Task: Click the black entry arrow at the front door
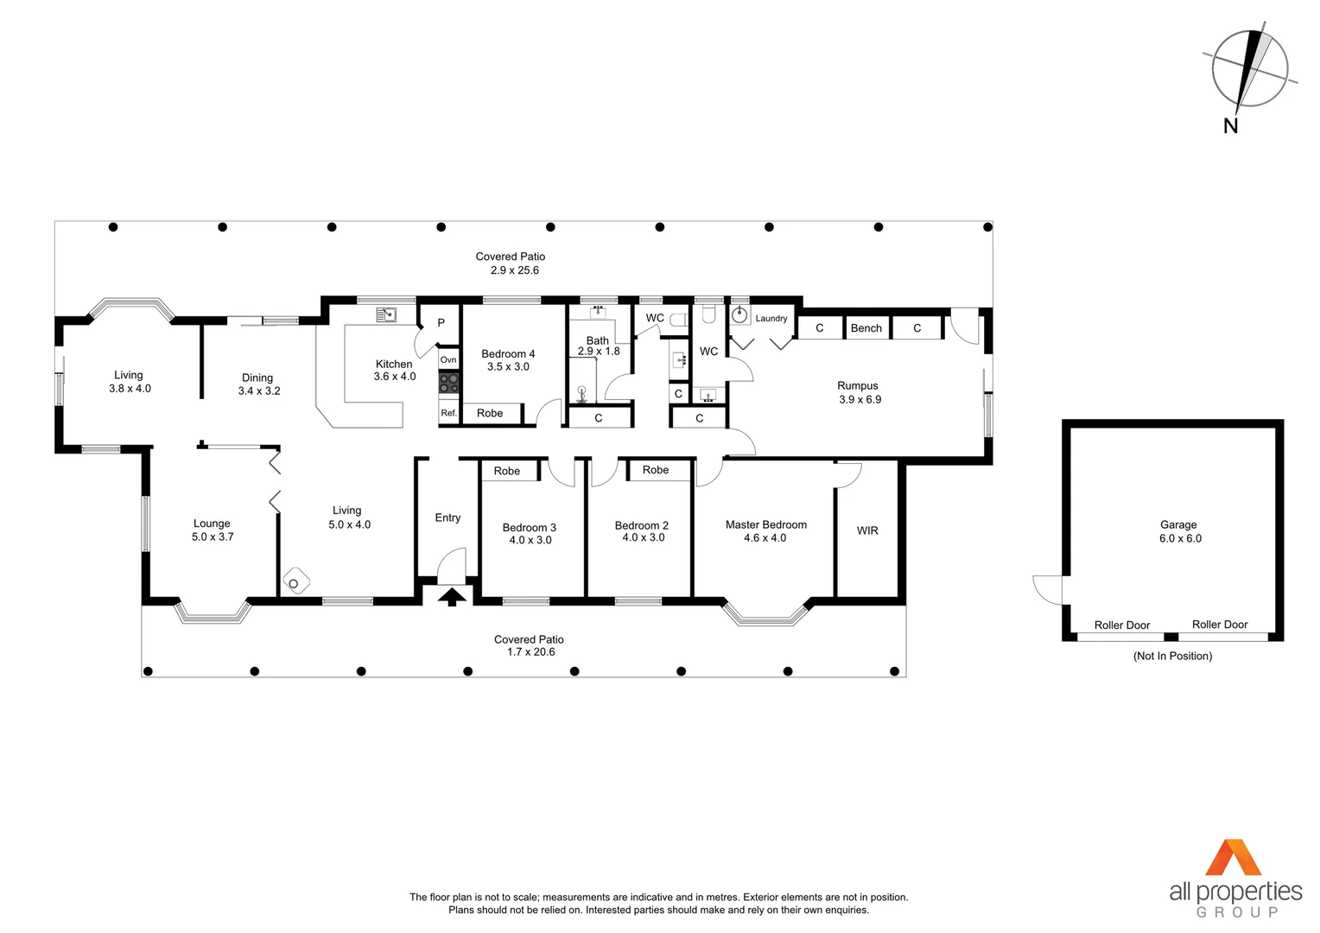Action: pos(452,596)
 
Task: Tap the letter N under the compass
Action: pos(1231,126)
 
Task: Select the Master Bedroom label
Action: pos(765,524)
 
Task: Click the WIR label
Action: pos(867,530)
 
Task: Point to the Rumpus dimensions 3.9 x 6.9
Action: pos(860,399)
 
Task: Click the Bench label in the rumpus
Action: pos(866,328)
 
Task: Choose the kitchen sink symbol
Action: pos(386,315)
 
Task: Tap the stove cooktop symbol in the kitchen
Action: pos(448,383)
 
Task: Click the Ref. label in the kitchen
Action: pos(448,413)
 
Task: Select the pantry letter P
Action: pos(441,323)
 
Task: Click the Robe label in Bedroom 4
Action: pos(490,413)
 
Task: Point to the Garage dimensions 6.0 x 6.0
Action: pos(1180,538)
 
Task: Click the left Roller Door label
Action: pos(1121,625)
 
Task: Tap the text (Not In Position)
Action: pos(1172,656)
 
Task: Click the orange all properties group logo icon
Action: pos(1234,857)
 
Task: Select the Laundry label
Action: pos(771,319)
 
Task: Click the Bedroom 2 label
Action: pos(641,525)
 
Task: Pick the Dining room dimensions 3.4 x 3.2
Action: pos(259,390)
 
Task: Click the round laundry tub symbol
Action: pos(739,315)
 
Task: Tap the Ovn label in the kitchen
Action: pos(448,359)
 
